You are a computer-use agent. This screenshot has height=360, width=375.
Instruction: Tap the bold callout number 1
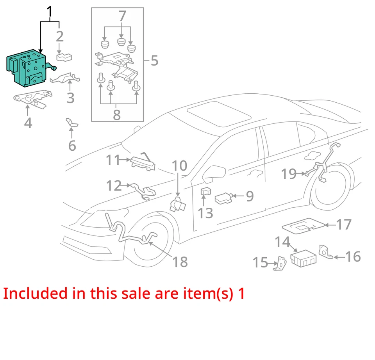point(50,13)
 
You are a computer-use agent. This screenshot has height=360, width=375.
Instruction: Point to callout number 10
point(179,166)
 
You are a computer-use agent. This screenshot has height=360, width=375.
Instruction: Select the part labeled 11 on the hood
point(143,162)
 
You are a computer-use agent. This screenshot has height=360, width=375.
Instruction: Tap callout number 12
point(114,185)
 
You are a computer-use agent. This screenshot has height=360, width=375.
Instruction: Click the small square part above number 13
point(205,192)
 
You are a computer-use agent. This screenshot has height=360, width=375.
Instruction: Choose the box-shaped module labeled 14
point(303,258)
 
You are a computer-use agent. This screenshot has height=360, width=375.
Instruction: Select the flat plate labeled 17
point(303,226)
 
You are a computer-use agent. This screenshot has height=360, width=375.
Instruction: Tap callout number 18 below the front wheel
point(180,262)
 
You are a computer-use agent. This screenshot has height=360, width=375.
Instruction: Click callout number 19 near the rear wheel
point(289,174)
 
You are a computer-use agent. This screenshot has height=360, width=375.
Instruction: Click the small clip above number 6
point(71,123)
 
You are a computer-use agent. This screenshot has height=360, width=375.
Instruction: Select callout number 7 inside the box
point(122,17)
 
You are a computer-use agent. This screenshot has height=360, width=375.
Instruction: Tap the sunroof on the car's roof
point(219,113)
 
